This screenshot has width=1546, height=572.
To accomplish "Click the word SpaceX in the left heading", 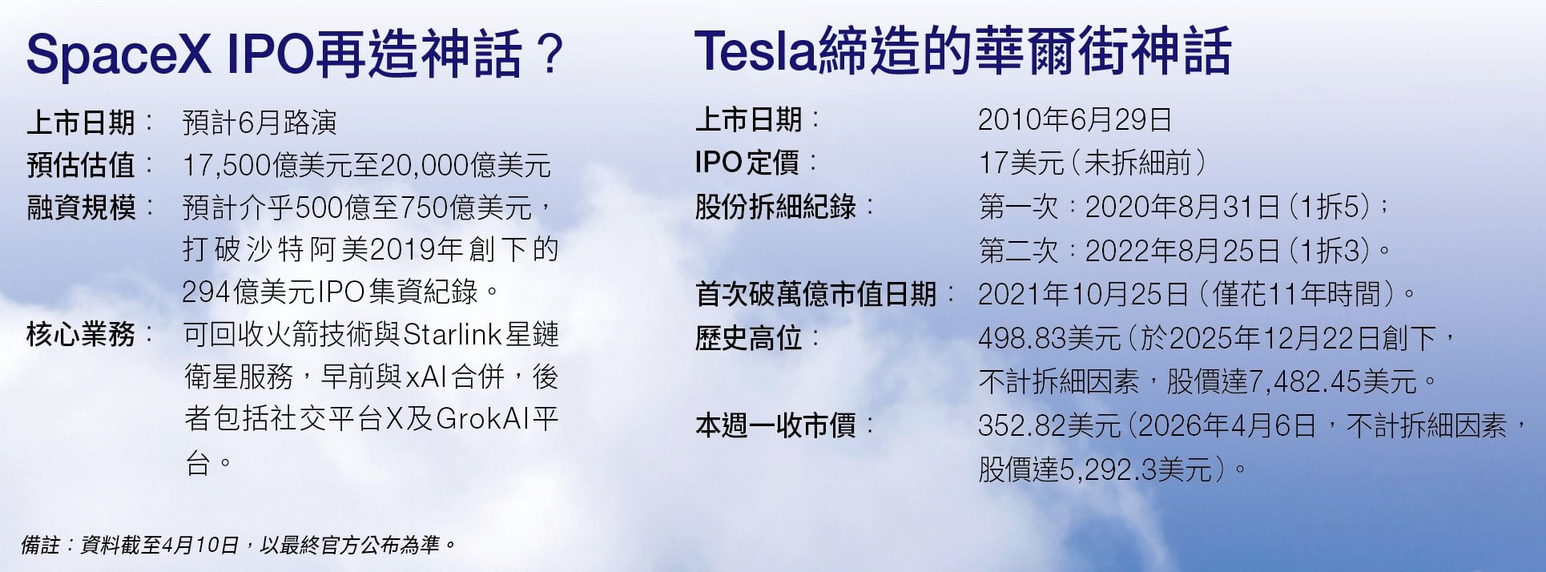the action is [119, 54].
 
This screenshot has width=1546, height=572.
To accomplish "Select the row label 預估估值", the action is [81, 165].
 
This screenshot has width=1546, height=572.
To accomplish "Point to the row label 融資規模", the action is [81, 207].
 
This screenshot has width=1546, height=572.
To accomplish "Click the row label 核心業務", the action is [81, 334].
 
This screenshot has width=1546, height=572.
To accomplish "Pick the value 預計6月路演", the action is [260, 123].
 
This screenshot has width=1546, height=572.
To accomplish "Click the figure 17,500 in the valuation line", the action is [227, 166].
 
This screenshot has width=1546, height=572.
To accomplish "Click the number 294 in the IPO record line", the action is [207, 292].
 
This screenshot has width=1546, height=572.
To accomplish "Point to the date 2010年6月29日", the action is [1075, 120].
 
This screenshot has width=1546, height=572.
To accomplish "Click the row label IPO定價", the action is [747, 163].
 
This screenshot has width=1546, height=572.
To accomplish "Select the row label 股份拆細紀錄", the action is [775, 207].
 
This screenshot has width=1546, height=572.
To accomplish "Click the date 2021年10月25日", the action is [1083, 294].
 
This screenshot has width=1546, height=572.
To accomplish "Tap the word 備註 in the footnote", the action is [40, 546].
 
